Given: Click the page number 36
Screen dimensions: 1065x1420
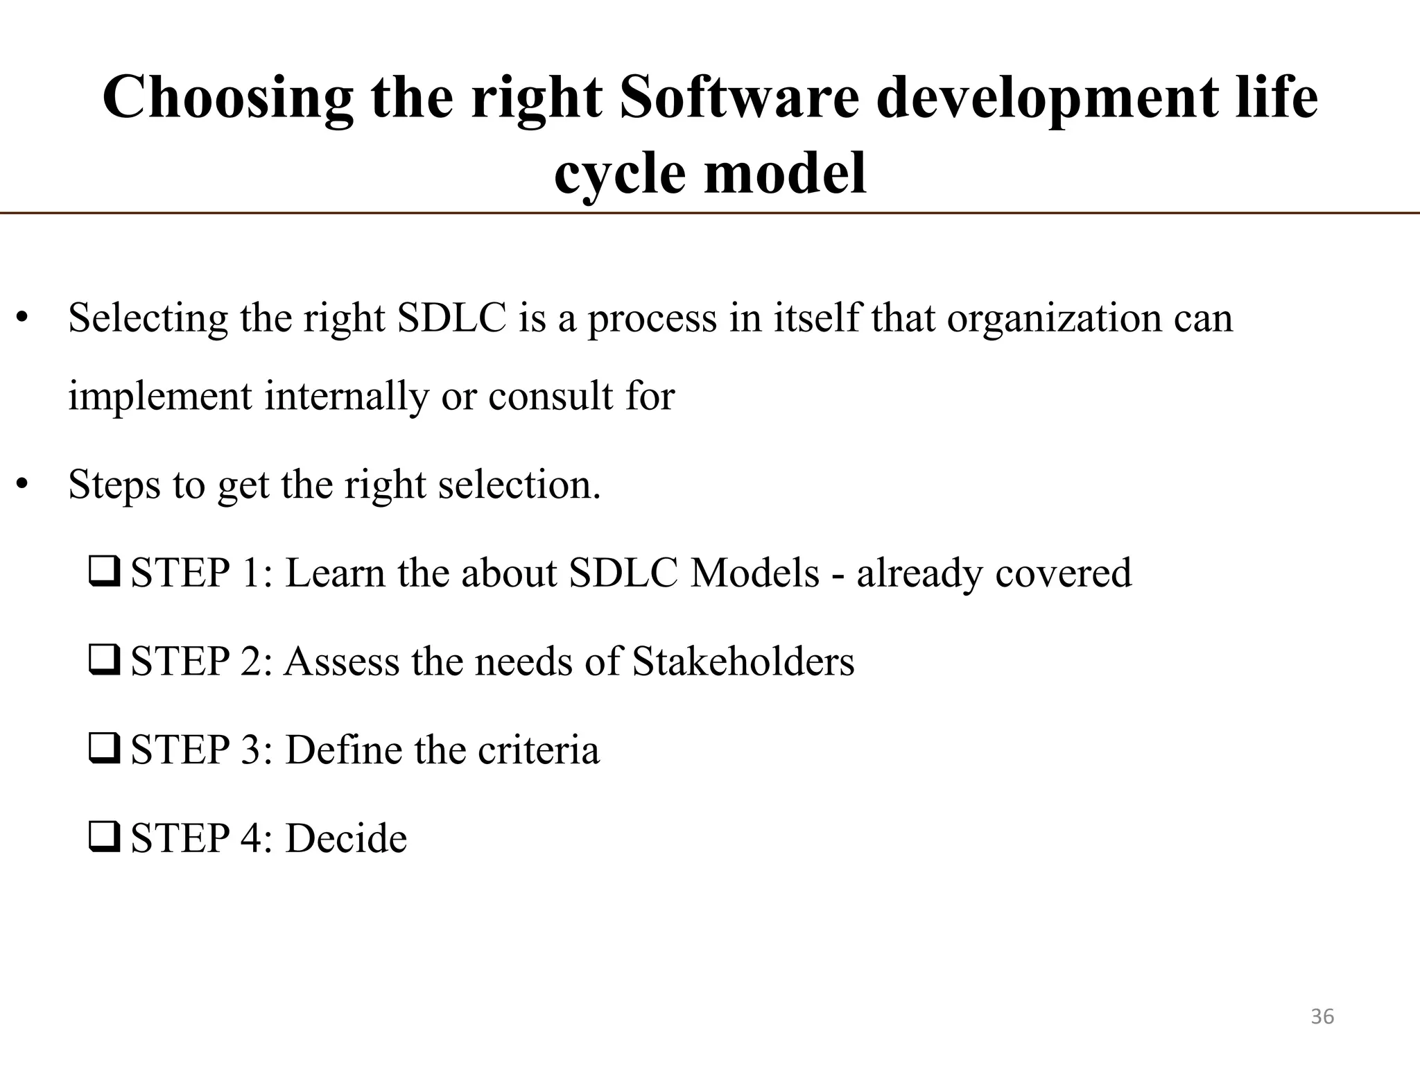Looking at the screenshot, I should (x=1322, y=1016).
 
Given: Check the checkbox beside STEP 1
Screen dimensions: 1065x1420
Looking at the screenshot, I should (x=105, y=573).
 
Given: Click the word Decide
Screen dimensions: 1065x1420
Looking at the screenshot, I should (x=346, y=838).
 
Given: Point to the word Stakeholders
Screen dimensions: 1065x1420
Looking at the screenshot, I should (x=743, y=661).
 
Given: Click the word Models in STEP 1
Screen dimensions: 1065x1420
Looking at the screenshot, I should (x=754, y=573).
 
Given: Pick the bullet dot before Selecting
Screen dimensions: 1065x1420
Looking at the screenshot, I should (x=23, y=319).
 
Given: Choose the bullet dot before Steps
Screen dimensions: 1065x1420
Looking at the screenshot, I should (x=23, y=485).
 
